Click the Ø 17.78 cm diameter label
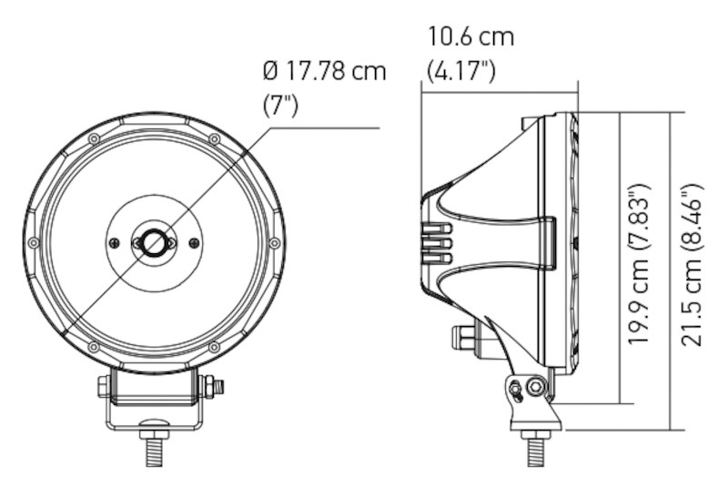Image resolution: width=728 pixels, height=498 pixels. [323, 71]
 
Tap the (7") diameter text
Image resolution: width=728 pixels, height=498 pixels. [280, 105]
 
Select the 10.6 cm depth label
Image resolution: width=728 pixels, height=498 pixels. [471, 38]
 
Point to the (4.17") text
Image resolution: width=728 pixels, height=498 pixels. [461, 71]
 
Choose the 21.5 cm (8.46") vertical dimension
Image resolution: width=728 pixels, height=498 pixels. [693, 264]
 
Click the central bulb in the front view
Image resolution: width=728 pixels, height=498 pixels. [154, 243]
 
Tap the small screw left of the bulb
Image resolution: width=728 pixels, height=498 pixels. [114, 243]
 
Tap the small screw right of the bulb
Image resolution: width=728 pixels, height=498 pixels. [194, 243]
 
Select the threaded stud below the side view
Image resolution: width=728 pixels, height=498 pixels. [536, 450]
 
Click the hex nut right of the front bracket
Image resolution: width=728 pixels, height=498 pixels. [215, 387]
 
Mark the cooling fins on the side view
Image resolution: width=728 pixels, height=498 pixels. [437, 244]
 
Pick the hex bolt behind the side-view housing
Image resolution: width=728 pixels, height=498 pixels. [462, 338]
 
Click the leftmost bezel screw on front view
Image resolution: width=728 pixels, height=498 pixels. [34, 243]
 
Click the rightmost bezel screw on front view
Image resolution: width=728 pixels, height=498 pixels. [274, 243]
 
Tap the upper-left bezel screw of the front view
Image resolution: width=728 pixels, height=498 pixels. [94, 138]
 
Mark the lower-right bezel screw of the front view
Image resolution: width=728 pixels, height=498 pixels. [214, 347]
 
